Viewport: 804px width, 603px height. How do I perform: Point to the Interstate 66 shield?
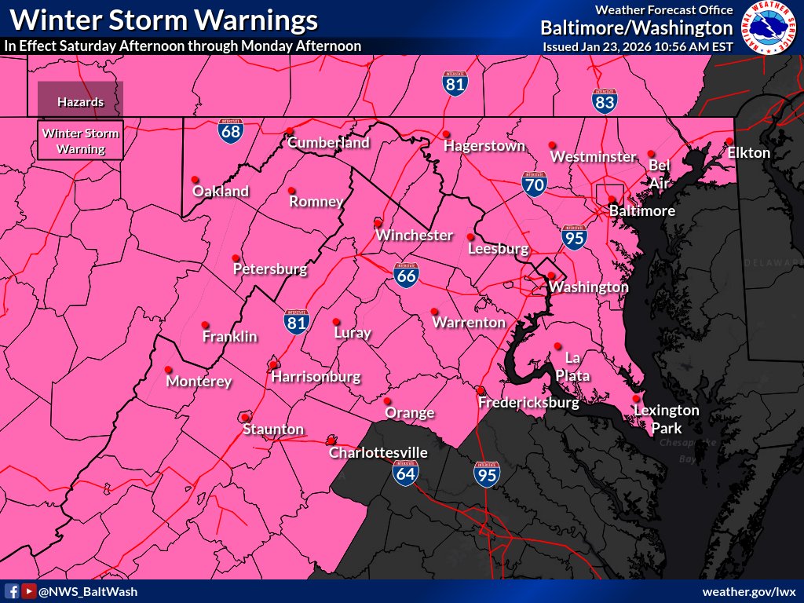pos(407,274)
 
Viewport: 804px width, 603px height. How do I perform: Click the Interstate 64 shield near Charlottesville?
pos(406,472)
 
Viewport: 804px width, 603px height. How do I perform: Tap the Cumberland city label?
pos(328,143)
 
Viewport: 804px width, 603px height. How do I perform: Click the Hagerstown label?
pos(484,146)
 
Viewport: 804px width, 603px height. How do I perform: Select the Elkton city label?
pos(748,152)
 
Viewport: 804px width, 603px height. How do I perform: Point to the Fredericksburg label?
pos(528,403)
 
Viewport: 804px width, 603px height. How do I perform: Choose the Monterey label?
pos(199,382)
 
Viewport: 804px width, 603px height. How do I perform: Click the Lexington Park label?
pos(666,419)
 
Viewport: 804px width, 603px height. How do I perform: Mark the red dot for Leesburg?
pos(470,236)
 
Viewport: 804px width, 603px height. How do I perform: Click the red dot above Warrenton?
pos(434,311)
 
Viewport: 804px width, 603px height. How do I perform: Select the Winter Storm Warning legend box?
pos(80,141)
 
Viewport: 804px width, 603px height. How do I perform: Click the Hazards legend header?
pos(80,102)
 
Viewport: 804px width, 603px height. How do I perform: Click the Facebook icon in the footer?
pos(13,591)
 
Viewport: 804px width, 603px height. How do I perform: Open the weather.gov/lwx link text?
pos(749,591)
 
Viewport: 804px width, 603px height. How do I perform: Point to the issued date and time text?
pos(638,46)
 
